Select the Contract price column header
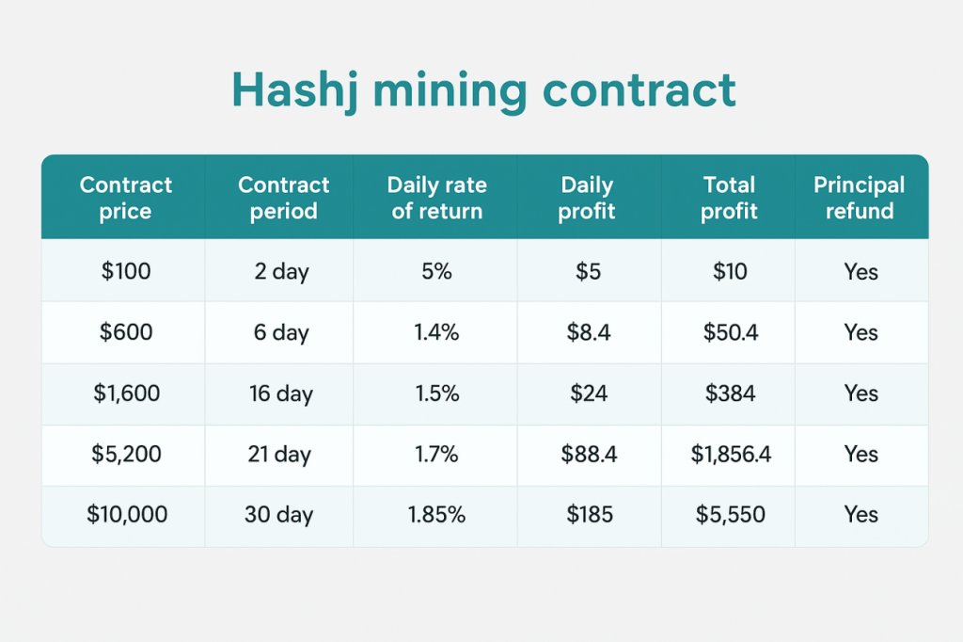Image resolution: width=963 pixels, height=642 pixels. [x=126, y=198]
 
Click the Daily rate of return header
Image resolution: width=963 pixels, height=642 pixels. [x=436, y=198]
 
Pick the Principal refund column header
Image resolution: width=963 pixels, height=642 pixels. [x=860, y=198]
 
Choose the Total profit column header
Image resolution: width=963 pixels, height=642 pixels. [x=729, y=198]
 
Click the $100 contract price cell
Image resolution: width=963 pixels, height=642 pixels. [x=126, y=272]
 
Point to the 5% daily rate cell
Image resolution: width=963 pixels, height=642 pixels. [x=436, y=272]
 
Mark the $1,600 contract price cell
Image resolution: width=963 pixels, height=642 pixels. [x=126, y=393]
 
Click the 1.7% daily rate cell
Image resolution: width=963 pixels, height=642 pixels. [x=436, y=455]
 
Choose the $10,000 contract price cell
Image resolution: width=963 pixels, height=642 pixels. [x=126, y=515]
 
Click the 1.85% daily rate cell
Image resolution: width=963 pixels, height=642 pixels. [x=436, y=515]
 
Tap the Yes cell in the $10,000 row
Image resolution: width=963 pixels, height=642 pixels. [x=860, y=515]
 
